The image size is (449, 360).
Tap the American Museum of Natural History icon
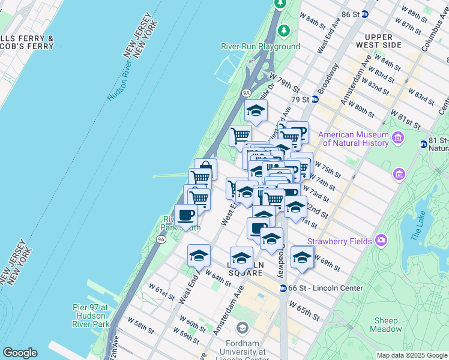(397, 139)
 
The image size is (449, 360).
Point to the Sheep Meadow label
(387, 325)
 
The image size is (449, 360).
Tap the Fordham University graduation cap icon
(242, 328)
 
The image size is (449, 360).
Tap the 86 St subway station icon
(364, 13)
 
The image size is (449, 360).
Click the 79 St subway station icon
(315, 99)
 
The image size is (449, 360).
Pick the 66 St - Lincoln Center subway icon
(283, 289)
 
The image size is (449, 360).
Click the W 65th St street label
(303, 310)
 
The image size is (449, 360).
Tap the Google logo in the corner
(20, 353)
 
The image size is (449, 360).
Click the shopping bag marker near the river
(205, 169)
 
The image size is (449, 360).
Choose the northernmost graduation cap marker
(256, 111)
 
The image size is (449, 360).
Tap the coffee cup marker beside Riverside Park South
(185, 215)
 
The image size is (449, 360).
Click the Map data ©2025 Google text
(412, 355)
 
